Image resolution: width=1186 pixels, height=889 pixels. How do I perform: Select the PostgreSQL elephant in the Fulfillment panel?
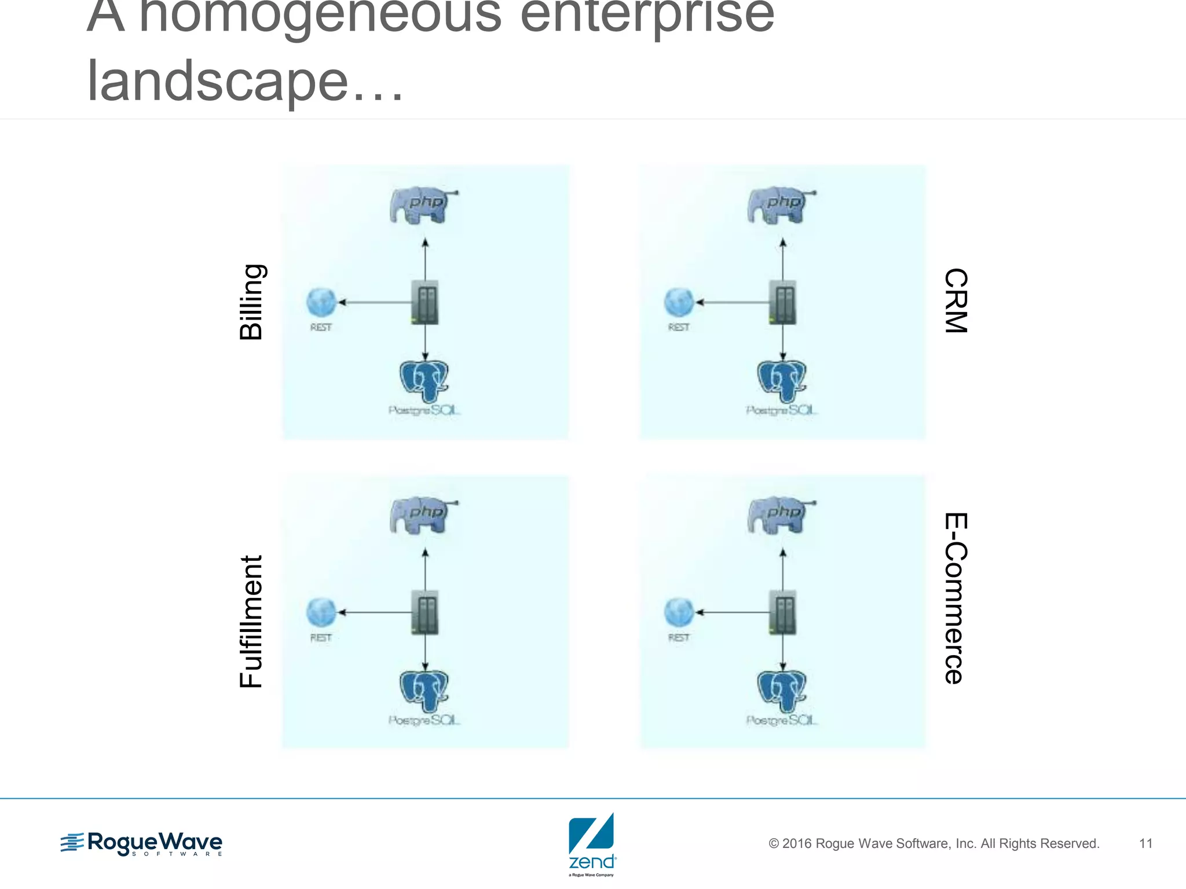[424, 692]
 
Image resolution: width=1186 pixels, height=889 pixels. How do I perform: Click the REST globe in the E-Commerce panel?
[679, 612]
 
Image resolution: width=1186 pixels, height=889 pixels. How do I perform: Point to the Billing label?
[252, 302]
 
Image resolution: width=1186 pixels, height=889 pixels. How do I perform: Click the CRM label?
[955, 301]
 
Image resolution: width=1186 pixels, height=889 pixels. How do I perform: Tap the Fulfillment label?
[252, 622]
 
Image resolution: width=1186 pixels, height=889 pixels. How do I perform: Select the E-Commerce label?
[955, 598]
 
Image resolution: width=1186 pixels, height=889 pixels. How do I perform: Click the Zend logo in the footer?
[591, 843]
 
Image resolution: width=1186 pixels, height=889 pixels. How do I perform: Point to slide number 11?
[1145, 843]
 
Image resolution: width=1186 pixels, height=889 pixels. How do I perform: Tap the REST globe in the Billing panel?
[321, 302]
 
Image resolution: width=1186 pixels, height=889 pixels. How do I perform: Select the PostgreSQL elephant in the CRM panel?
[782, 381]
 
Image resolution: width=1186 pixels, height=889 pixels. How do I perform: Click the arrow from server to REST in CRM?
[733, 302]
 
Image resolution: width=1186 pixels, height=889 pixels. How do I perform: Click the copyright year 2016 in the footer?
[796, 844]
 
